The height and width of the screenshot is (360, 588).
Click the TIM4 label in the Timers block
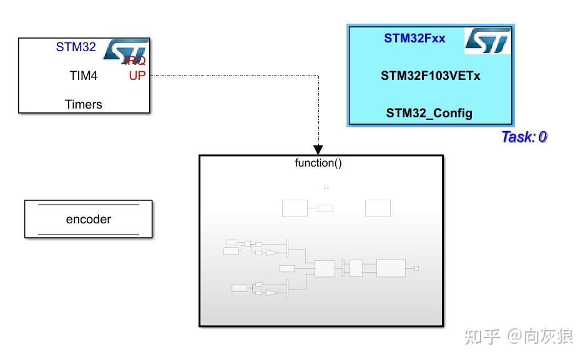coord(83,75)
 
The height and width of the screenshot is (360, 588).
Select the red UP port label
coord(136,75)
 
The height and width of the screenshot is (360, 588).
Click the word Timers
coord(83,104)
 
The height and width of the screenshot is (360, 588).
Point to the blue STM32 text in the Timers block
coord(76,47)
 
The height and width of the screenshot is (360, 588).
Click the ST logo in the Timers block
coord(126,50)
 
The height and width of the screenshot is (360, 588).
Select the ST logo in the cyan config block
coord(488,41)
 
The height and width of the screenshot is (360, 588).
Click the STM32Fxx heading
coord(414,38)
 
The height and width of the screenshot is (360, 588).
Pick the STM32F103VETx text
coord(430,76)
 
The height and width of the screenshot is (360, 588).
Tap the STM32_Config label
coord(429,113)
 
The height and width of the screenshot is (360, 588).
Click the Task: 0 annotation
coord(524,137)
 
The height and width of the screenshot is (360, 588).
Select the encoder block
coord(88,219)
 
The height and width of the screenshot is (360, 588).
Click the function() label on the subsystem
coord(318,163)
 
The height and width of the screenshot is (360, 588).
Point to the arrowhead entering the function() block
coord(318,150)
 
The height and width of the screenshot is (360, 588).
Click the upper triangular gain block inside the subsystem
coord(273,253)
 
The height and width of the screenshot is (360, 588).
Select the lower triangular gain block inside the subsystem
coord(273,291)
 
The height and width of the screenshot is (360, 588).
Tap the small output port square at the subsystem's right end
coord(416,268)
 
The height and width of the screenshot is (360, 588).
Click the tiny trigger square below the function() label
coord(326,187)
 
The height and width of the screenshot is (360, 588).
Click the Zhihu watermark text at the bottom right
coord(516,337)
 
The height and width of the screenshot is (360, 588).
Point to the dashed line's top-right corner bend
coord(318,76)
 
